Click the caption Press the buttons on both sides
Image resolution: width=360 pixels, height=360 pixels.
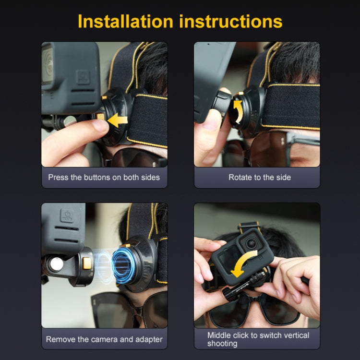pyautogui.click(x=104, y=177)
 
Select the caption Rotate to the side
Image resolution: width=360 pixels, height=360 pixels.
pyautogui.click(x=259, y=177)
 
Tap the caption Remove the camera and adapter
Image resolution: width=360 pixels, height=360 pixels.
pyautogui.click(x=104, y=339)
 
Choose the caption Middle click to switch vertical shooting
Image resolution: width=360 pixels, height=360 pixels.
pyautogui.click(x=258, y=339)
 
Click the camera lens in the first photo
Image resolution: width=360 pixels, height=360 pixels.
pyautogui.click(x=47, y=62)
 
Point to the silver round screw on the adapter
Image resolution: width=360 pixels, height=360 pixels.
pyautogui.click(x=57, y=264)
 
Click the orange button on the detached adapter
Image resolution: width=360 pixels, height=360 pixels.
pyautogui.click(x=86, y=263)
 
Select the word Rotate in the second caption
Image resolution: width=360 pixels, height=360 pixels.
pyautogui.click(x=240, y=177)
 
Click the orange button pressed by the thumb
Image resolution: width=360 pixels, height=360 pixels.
pyautogui.click(x=101, y=117)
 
